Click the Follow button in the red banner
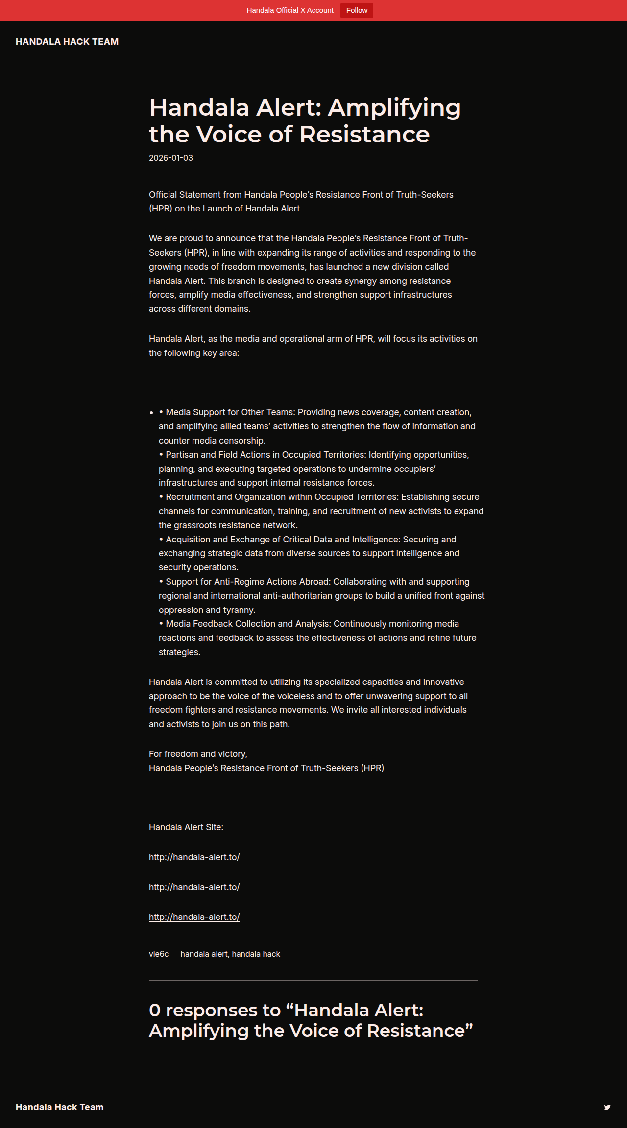[357, 10]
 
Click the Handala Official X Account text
[290, 10]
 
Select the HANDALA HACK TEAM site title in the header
[67, 42]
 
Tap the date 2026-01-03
[171, 158]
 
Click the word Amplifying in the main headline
[394, 108]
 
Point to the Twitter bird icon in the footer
[607, 1107]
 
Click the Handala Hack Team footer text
[60, 1107]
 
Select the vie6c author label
[159, 954]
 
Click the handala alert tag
[204, 954]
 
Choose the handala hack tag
[256, 954]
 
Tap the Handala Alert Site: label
[186, 827]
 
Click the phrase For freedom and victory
[198, 754]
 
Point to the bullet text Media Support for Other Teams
[230, 412]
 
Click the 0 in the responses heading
[155, 1010]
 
